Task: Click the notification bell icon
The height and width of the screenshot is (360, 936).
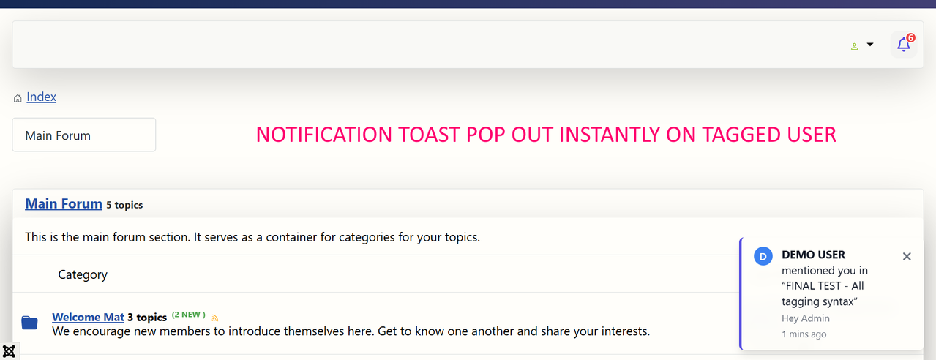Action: point(903,45)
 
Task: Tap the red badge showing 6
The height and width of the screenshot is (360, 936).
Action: point(910,38)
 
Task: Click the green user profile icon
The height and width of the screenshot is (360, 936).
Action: point(854,46)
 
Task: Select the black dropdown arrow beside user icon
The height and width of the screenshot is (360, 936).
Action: point(870,45)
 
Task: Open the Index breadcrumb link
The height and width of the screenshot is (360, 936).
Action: point(41,97)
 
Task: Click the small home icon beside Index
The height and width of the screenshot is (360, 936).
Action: point(18,98)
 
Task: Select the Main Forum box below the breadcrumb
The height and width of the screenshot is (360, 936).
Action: point(84,135)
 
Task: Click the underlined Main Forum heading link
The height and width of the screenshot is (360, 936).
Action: point(64,204)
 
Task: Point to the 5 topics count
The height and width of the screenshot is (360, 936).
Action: point(124,205)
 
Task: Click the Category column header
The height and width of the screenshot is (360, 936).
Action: point(83,274)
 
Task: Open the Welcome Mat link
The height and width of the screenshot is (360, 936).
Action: point(88,318)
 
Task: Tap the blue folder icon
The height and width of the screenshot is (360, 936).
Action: point(30,323)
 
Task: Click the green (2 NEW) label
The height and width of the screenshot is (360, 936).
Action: point(189,315)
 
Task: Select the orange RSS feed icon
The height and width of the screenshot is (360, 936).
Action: point(214,318)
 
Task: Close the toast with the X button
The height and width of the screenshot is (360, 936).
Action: point(906,256)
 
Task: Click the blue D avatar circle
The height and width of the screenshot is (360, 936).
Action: point(763,256)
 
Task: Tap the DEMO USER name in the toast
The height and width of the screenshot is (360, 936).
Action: point(813,255)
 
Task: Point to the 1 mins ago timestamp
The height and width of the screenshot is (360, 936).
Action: point(804,334)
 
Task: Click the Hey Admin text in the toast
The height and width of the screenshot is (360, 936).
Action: point(806,318)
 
